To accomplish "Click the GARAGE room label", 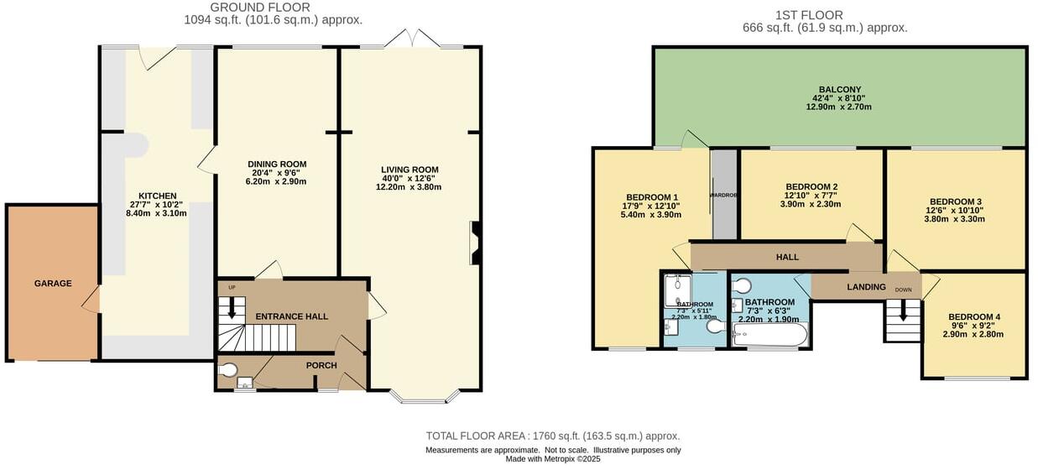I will pyautogui.click(x=52, y=284).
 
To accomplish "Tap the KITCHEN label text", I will pyautogui.click(x=157, y=196).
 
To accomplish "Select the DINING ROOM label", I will pyautogui.click(x=277, y=164).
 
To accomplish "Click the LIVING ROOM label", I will pyautogui.click(x=409, y=170).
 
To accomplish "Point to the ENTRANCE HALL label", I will pyautogui.click(x=291, y=316).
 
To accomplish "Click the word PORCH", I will pyautogui.click(x=321, y=365).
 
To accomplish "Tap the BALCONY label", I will pyautogui.click(x=839, y=90).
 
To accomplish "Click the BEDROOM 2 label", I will pyautogui.click(x=811, y=187).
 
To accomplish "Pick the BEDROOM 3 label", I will pyautogui.click(x=955, y=201).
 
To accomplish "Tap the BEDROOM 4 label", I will pyautogui.click(x=974, y=316).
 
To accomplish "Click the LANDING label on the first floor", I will pyautogui.click(x=866, y=287).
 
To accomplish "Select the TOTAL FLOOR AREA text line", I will pyautogui.click(x=552, y=436).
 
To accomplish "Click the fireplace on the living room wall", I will pyautogui.click(x=476, y=243).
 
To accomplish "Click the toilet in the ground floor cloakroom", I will pyautogui.click(x=227, y=369).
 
